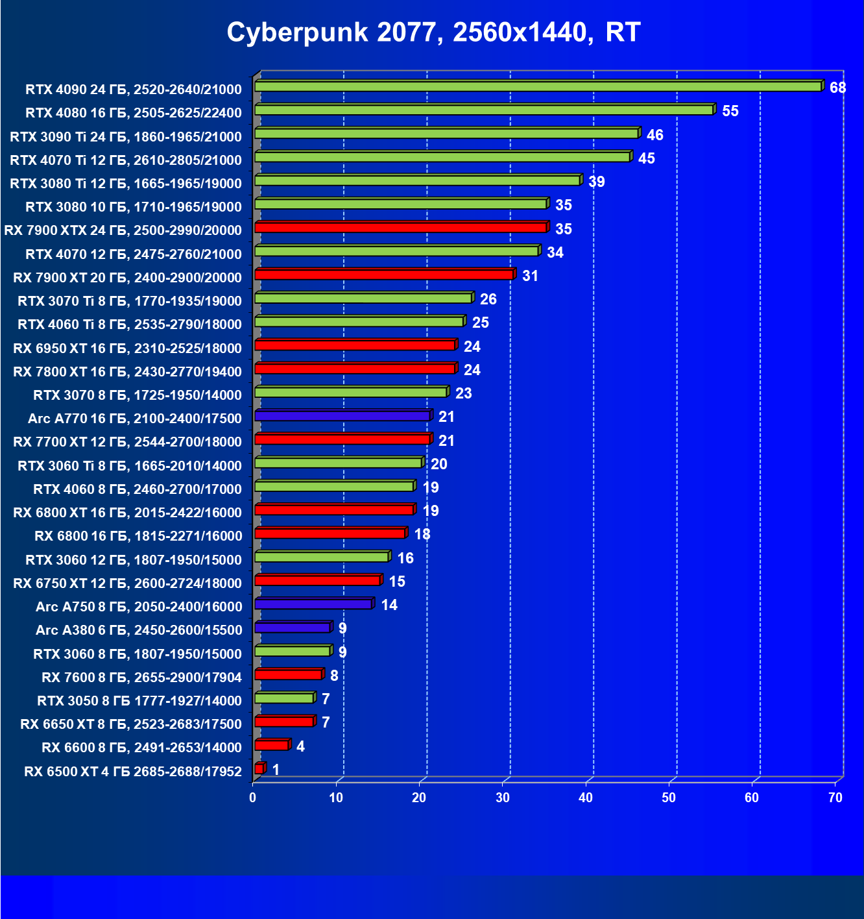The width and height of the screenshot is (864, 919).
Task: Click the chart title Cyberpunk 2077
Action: tap(433, 32)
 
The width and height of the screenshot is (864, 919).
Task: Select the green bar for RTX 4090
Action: tap(538, 86)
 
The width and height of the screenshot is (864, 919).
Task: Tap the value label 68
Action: tap(837, 88)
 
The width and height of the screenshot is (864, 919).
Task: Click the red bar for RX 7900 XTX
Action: tap(401, 227)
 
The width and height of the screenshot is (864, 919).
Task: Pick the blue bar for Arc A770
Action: tap(342, 415)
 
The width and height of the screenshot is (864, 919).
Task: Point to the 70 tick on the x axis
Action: tap(835, 798)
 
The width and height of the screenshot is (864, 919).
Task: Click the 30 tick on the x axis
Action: tap(503, 798)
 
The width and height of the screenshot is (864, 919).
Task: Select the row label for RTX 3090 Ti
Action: tap(126, 136)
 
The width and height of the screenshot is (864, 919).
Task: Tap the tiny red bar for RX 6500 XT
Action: tap(259, 769)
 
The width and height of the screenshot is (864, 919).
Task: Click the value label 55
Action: tap(730, 111)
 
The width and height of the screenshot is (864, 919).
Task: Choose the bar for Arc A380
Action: tap(293, 628)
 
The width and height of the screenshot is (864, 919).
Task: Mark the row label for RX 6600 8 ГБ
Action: tap(141, 748)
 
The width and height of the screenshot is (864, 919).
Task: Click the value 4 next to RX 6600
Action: tap(300, 746)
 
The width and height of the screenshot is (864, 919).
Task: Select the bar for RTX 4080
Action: tap(484, 110)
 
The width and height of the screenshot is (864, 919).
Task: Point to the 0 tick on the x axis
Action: tap(253, 798)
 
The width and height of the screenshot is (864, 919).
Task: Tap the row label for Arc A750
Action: tap(139, 607)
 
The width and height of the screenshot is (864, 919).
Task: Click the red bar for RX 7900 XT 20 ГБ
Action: tap(384, 275)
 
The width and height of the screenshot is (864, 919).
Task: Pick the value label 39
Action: tap(596, 182)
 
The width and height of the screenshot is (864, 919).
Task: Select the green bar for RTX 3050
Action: tap(285, 698)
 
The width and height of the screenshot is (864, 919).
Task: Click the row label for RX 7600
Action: tap(141, 678)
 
